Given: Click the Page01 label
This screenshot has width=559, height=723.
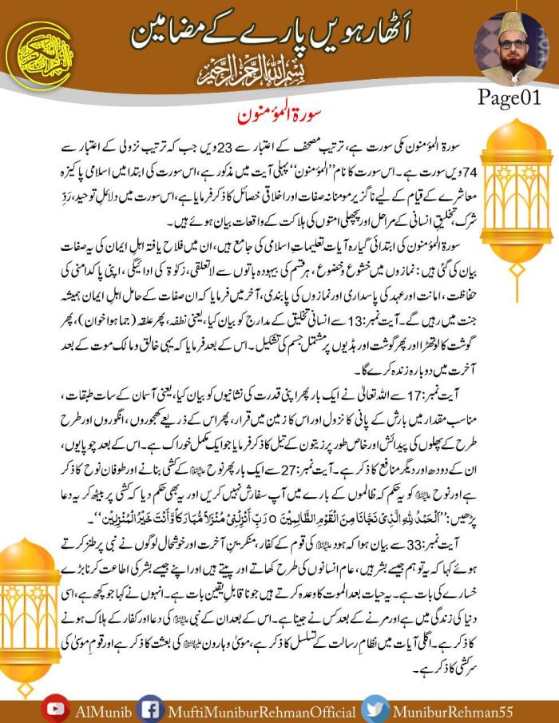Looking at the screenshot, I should coord(509,97).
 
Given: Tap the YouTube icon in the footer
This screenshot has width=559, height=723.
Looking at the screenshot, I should coord(54,709).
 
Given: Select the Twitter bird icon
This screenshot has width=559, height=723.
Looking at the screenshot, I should coord(375,709).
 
